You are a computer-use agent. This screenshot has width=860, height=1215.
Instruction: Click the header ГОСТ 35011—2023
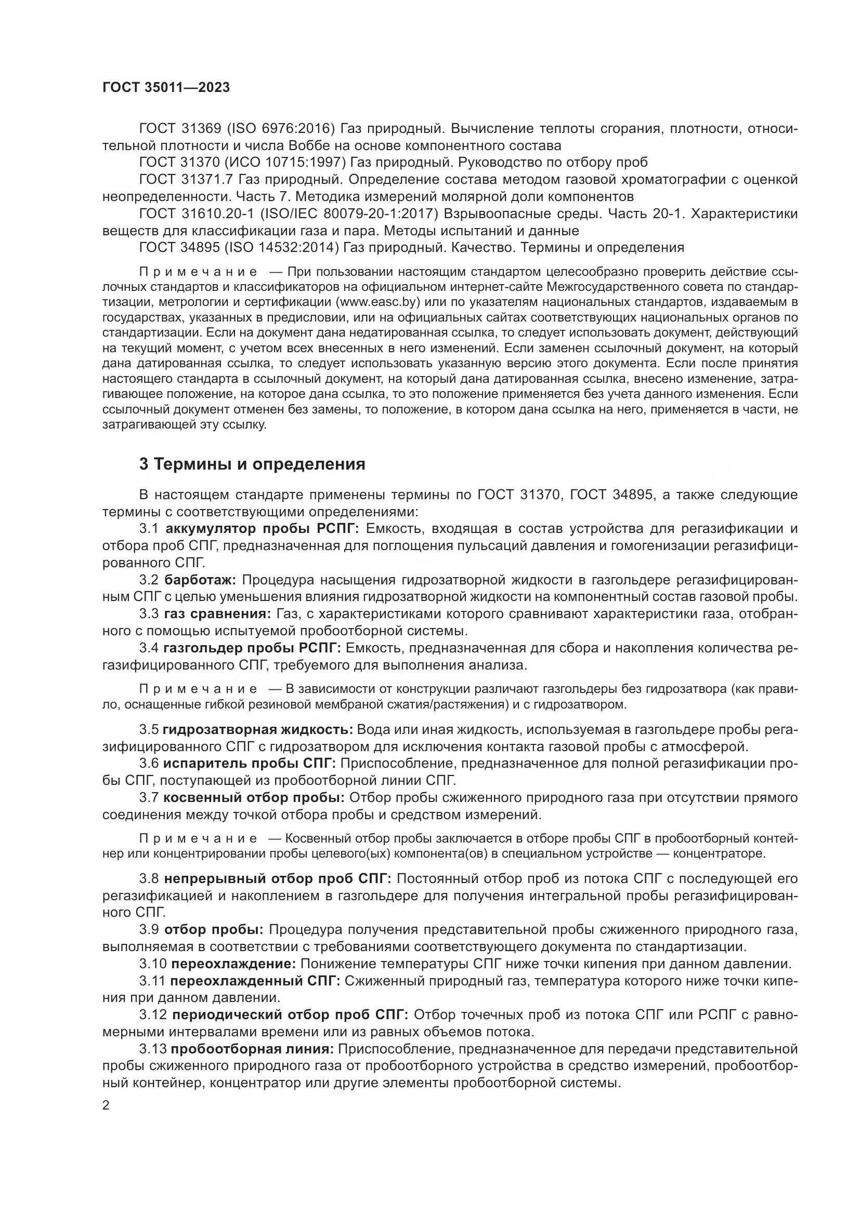pyautogui.click(x=166, y=88)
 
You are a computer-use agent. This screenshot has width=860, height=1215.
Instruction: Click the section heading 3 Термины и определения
pyautogui.click(x=252, y=464)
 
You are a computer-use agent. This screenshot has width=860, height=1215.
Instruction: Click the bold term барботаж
pyautogui.click(x=201, y=580)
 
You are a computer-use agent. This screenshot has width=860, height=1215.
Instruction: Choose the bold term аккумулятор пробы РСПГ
pyautogui.click(x=262, y=529)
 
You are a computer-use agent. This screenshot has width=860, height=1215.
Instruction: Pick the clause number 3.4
pyautogui.click(x=149, y=648)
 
